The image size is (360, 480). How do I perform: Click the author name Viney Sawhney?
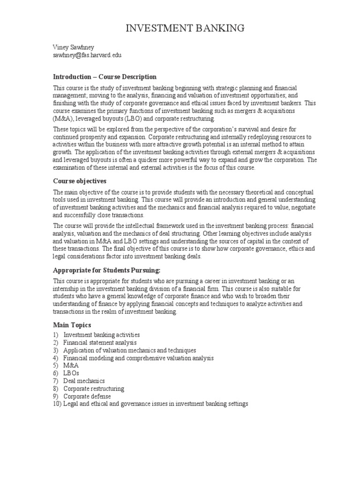pos(74,48)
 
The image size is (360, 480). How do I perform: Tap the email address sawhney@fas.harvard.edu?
pos(87,55)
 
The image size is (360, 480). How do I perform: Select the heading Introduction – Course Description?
pos(105,77)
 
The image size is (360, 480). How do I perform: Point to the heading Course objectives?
pos(80,180)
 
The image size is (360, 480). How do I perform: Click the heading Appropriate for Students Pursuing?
pos(107,270)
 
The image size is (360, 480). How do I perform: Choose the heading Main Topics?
pos(72,325)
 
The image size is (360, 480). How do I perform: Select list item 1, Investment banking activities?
pos(101,335)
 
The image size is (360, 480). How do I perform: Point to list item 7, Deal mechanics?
pos(84,381)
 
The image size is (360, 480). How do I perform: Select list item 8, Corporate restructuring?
pos(94,389)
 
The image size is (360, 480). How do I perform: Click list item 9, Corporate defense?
pos(87,396)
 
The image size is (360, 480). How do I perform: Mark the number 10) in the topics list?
pos(57,404)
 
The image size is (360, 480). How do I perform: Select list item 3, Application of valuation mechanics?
pos(129,350)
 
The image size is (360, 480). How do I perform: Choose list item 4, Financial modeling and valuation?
pos(138,358)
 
